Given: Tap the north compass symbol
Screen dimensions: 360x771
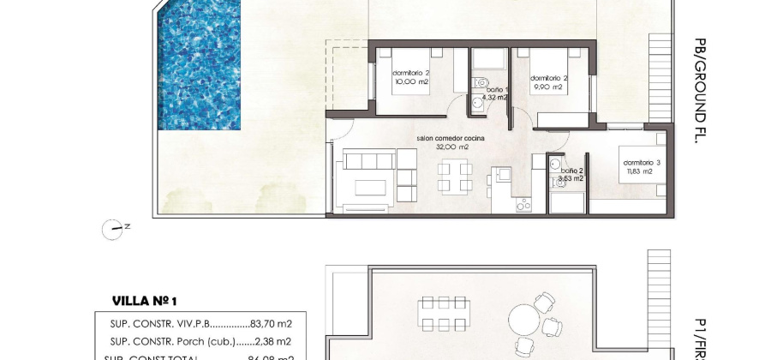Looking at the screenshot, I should pyautogui.click(x=113, y=227).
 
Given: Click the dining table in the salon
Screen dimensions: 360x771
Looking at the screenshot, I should pyautogui.click(x=454, y=177).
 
